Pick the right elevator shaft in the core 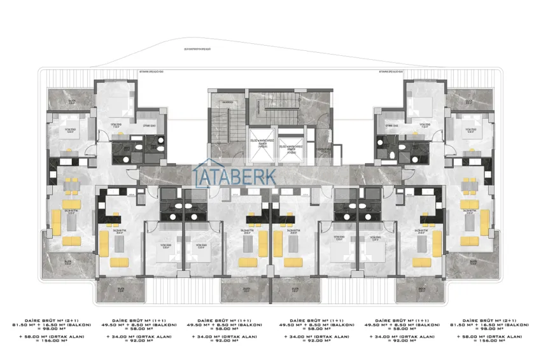tap(291, 144)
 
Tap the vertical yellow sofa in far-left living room tap(55, 222)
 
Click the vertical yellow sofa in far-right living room tap(486, 222)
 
